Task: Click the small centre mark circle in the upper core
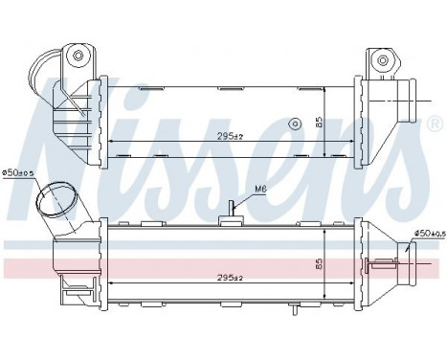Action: click(295, 123)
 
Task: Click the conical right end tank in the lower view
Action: click(375, 259)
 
